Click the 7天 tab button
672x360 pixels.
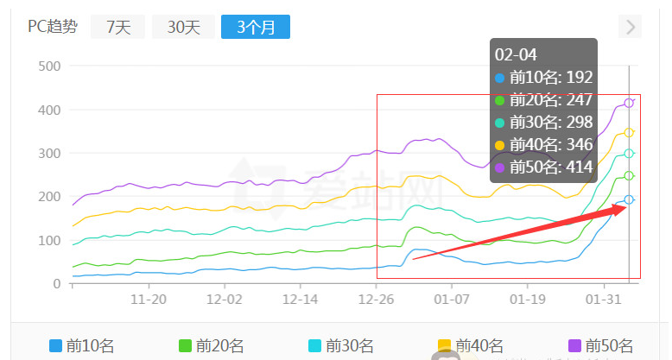click(118, 27)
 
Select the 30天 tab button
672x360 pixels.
click(183, 27)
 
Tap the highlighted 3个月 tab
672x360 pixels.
click(255, 27)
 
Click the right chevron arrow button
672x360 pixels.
click(631, 27)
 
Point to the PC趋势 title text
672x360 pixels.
click(52, 27)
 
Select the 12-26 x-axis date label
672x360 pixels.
click(377, 300)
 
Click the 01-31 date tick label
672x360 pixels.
click(605, 300)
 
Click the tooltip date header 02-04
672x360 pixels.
click(510, 54)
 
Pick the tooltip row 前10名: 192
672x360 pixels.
click(544, 78)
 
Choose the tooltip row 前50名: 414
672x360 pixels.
click(544, 167)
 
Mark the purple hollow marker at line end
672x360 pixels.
click(629, 104)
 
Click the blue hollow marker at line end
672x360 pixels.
click(629, 199)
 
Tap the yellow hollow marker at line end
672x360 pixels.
click(629, 132)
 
